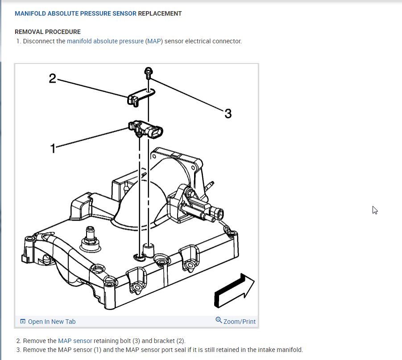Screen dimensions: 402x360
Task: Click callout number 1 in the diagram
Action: (x=53, y=148)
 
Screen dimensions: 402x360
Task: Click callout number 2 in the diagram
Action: (x=52, y=79)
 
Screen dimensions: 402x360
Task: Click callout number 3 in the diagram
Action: (x=228, y=114)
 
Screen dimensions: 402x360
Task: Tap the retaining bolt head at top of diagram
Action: (x=148, y=71)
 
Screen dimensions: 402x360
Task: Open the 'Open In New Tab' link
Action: (x=51, y=322)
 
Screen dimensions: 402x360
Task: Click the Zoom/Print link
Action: (x=240, y=322)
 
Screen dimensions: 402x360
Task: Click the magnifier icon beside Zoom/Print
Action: (x=219, y=320)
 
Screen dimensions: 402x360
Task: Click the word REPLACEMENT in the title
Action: (x=160, y=13)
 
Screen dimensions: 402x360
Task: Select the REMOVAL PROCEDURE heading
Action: (x=48, y=32)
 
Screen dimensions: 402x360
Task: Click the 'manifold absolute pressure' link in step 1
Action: (x=105, y=41)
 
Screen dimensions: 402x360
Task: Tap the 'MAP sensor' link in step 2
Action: (x=75, y=341)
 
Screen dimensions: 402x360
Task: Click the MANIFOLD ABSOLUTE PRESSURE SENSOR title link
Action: (x=75, y=13)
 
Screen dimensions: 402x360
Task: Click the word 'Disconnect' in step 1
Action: (x=39, y=41)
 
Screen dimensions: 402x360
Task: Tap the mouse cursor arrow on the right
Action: (x=375, y=210)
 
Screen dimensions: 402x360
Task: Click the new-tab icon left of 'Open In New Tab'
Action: (x=22, y=322)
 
